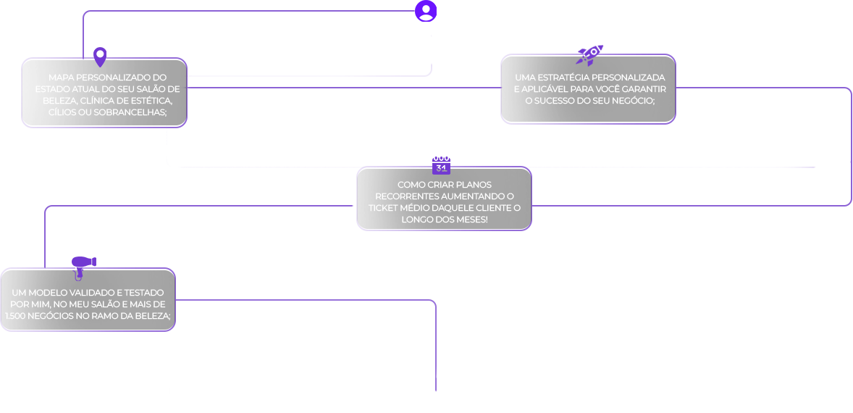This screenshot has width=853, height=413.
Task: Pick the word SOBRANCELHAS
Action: click(130, 112)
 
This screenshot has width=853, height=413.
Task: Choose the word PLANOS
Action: click(474, 185)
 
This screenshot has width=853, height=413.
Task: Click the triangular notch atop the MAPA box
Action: click(100, 64)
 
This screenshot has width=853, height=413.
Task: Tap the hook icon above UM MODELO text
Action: click(79, 275)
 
